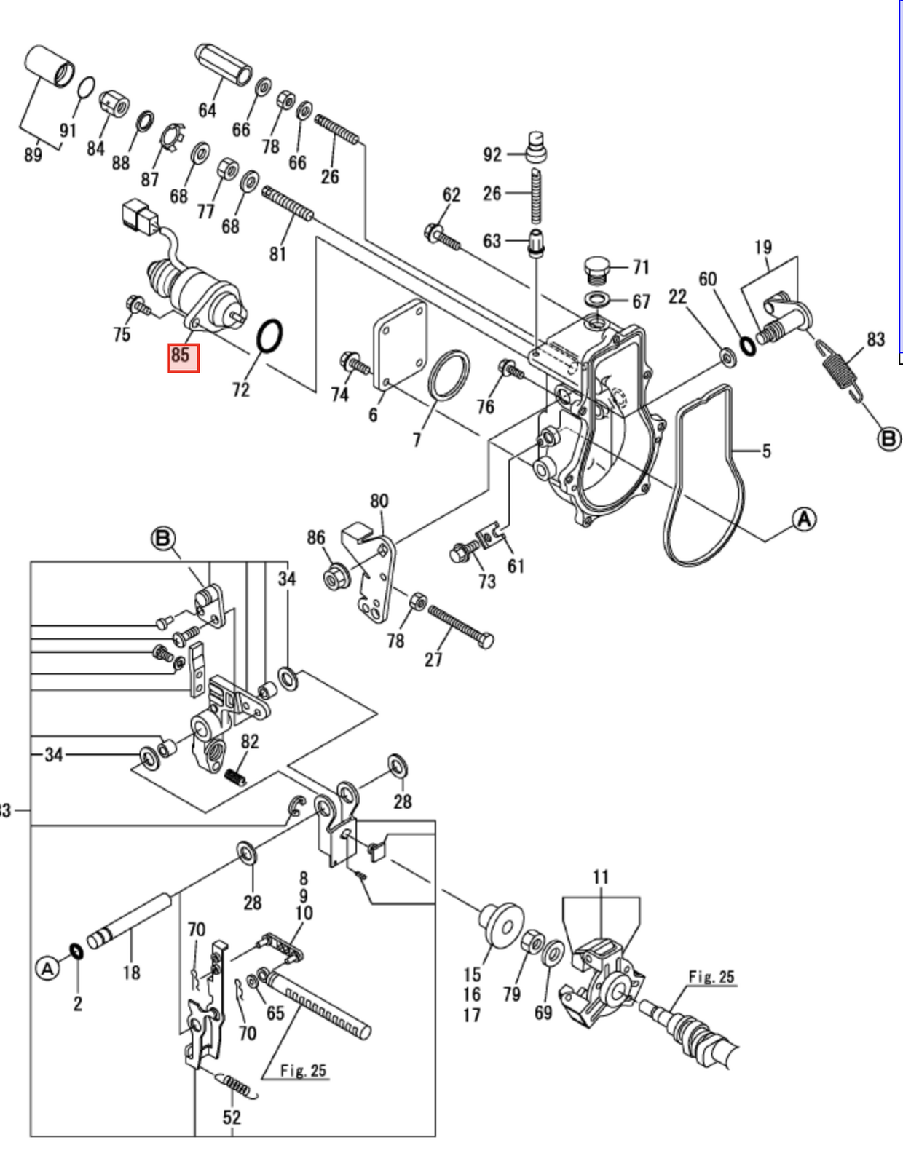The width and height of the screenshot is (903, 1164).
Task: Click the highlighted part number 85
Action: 183,356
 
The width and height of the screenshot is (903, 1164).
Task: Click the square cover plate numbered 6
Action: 400,344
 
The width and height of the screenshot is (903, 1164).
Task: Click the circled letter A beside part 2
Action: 48,968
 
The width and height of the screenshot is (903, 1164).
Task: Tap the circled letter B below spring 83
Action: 889,439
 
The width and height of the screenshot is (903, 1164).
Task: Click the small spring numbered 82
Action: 235,777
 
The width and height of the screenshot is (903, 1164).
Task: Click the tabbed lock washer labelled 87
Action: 170,138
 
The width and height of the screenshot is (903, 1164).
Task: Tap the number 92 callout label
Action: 492,154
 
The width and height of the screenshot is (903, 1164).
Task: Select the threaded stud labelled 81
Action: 289,205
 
